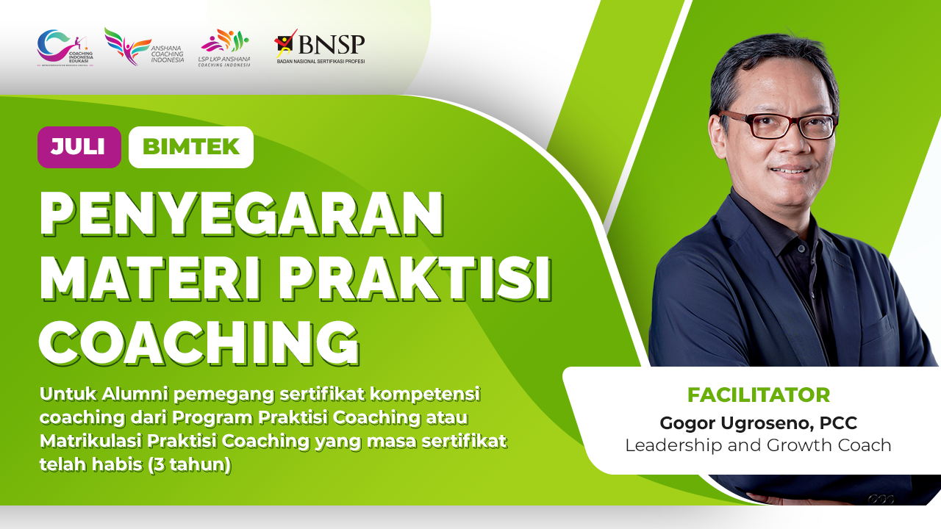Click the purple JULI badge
point(79,147)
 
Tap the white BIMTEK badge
point(190,147)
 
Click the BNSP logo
point(320,47)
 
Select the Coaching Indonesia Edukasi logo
point(65,47)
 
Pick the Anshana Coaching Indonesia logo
point(143,47)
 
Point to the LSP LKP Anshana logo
point(224,48)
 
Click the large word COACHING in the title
point(198,342)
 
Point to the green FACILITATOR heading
point(758,395)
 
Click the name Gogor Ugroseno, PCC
point(758,423)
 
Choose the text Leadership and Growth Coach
point(758,445)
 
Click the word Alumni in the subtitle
point(129,395)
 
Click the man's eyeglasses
point(779,126)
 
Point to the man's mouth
point(790,170)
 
